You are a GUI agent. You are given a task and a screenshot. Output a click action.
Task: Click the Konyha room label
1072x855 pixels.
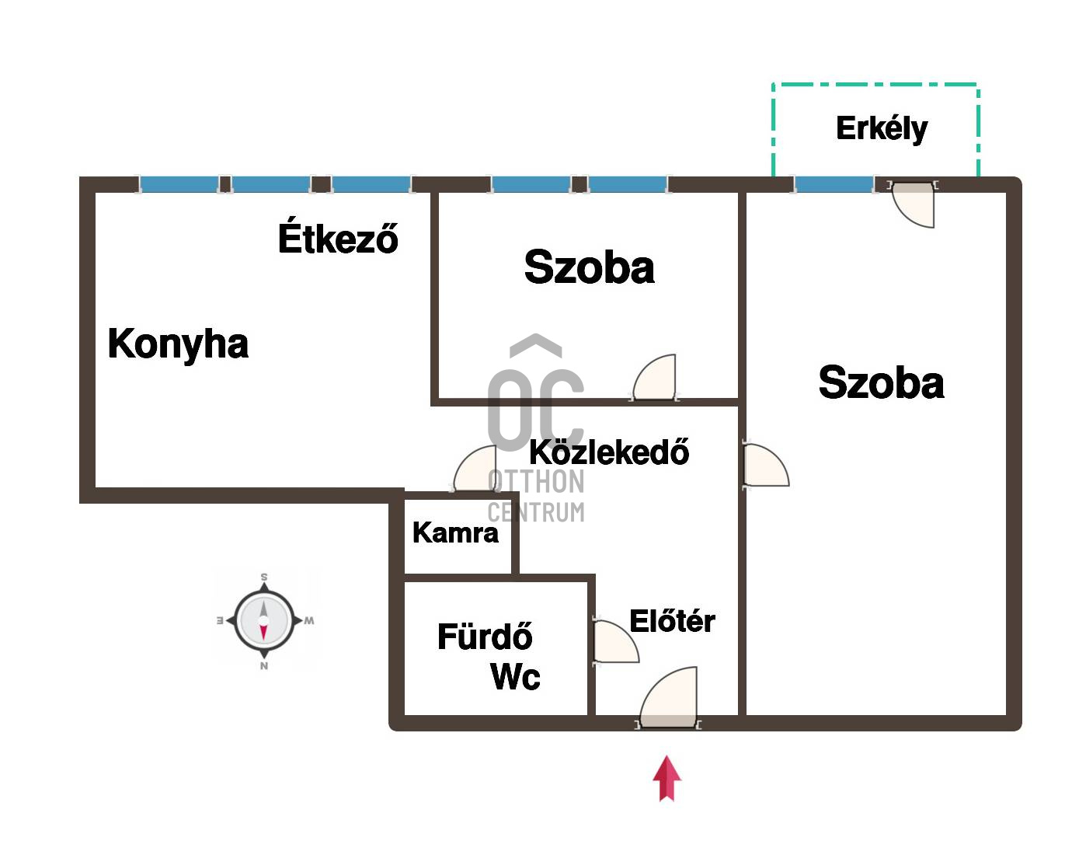coord(178,344)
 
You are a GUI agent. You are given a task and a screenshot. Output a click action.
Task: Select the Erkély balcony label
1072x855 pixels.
coord(882,128)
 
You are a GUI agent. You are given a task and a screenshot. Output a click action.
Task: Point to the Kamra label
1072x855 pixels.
coord(455,532)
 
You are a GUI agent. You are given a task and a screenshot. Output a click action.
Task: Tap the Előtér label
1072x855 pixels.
coord(672,620)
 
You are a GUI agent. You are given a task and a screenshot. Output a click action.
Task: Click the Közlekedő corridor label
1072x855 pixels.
coord(609,452)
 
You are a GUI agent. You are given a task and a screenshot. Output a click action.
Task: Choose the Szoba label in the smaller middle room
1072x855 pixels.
coord(590,267)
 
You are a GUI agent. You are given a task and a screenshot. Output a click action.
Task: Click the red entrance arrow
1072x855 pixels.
coord(667,778)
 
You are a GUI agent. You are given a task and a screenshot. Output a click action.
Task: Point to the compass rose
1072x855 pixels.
coord(264,621)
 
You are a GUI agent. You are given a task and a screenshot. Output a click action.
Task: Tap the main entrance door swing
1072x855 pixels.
coord(669,697)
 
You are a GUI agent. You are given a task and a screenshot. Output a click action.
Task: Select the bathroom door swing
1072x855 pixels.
coord(616,641)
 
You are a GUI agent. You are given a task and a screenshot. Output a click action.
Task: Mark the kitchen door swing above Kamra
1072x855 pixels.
coord(475,468)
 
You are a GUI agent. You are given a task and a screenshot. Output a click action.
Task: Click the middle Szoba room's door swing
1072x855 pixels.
coord(655,377)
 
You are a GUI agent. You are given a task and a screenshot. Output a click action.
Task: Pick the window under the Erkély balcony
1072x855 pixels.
coord(834,184)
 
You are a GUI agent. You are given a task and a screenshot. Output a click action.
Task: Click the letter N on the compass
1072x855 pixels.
coord(264,665)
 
